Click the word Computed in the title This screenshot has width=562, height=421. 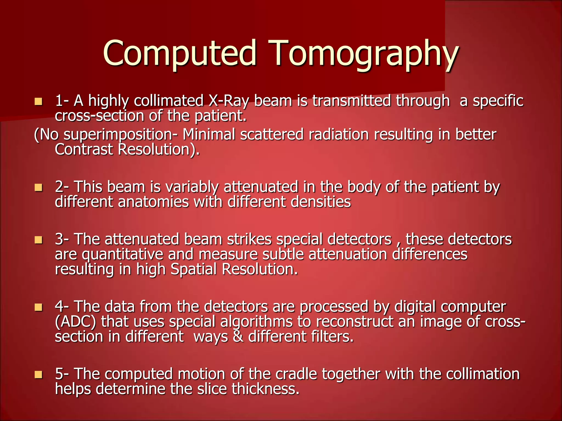180,53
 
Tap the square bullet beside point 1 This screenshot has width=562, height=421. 38,102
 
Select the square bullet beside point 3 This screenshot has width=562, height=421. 38,240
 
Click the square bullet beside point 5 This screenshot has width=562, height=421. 38,375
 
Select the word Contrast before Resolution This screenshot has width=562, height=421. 84,150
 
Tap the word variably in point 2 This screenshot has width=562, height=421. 192,187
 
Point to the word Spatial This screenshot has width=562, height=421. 194,269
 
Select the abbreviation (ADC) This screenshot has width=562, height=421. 75,322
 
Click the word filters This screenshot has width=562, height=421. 332,337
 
